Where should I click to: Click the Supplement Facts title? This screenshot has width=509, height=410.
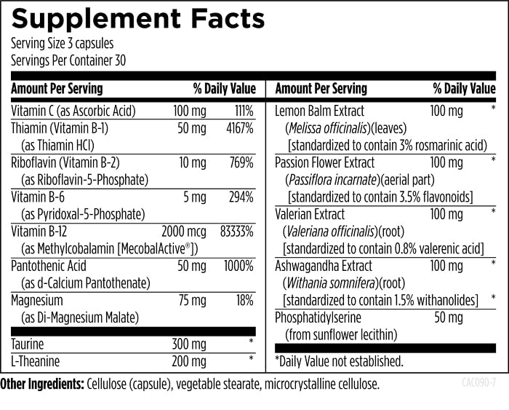pos(138,19)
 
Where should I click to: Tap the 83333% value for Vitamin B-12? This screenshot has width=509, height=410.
pos(236,232)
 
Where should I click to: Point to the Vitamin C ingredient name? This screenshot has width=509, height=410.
pos(73,111)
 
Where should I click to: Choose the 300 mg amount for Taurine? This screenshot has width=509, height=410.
pos(189,343)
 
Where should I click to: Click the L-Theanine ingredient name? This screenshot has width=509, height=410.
pos(36,360)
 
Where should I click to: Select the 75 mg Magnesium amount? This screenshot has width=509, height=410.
pos(192,301)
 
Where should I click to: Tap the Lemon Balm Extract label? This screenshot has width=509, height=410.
pos(320,111)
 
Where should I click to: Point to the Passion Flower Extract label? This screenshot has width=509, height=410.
pos(325,162)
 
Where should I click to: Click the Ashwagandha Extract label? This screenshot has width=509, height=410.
pos(324,266)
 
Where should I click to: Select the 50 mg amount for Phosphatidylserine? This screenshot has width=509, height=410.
pos(449,318)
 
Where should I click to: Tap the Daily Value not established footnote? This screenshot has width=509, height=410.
pos(339,360)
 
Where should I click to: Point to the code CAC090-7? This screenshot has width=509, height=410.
pos(478,382)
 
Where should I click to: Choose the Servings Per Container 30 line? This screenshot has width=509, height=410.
pos(69,60)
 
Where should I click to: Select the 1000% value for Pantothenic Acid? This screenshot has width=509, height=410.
pos(239,266)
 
